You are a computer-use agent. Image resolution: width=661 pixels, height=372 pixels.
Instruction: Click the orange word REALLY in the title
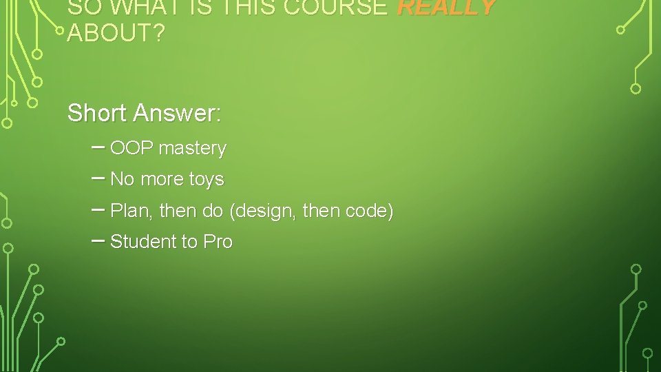[446, 7]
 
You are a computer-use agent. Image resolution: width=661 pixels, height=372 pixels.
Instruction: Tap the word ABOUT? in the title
[116, 33]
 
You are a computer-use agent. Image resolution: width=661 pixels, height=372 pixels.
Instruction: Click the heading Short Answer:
[145, 112]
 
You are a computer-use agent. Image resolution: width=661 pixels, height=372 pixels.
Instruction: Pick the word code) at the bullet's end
[369, 211]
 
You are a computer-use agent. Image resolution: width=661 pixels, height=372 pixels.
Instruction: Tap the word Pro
[218, 242]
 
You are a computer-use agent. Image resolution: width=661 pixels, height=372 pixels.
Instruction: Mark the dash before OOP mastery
[98, 147]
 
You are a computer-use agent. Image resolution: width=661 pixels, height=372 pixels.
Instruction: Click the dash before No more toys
[98, 178]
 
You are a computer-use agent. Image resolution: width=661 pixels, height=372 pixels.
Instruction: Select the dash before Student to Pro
[98, 240]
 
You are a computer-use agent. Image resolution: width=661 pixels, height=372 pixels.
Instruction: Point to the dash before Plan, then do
[98, 209]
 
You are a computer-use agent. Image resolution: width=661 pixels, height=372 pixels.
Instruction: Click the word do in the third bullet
[213, 211]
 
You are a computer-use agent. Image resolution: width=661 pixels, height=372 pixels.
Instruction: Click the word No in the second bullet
[122, 179]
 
